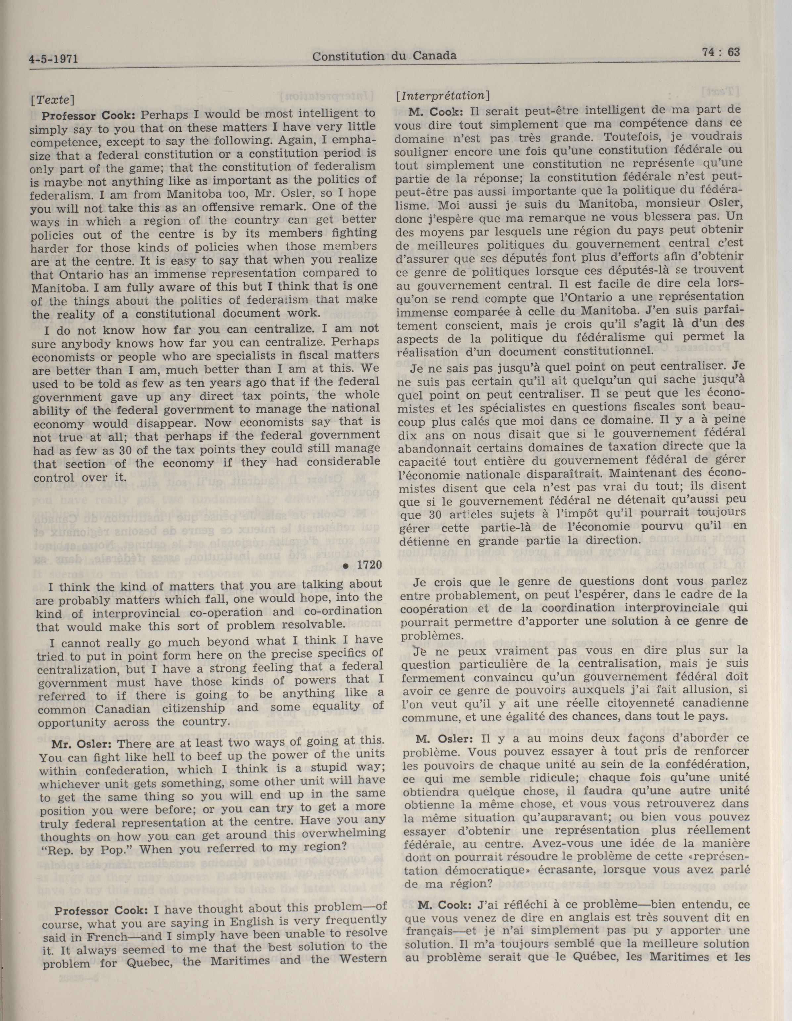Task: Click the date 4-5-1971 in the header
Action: [52, 60]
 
